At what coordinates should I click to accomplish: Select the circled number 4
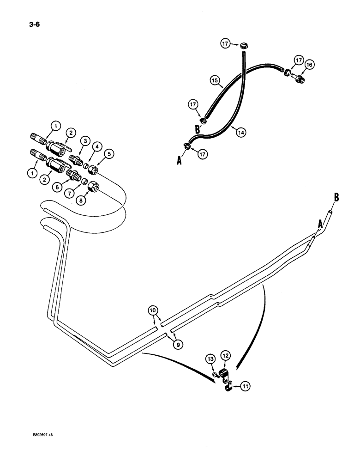point(97,147)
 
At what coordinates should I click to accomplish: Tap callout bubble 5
point(109,154)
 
